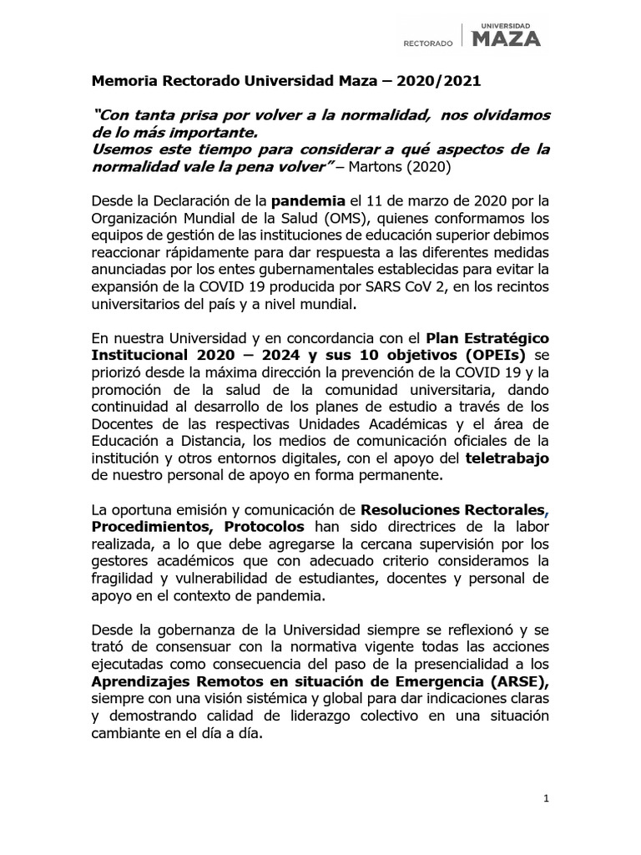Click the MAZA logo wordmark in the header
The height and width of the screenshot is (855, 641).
507,38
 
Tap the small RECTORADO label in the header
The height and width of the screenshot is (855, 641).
428,42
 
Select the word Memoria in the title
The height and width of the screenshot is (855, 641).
121,83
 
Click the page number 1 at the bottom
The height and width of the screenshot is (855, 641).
545,799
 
